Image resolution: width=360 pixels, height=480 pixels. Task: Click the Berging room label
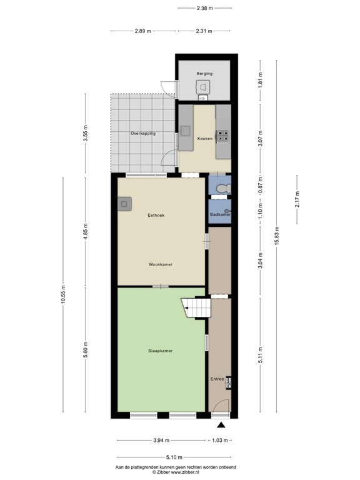click(204, 74)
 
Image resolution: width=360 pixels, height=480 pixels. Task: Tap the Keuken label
click(204, 139)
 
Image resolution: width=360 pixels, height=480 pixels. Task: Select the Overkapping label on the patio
click(143, 134)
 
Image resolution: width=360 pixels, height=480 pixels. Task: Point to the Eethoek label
click(156, 215)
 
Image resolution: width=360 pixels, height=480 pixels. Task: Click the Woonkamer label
click(161, 264)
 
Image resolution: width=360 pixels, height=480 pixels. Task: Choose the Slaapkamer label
click(161, 351)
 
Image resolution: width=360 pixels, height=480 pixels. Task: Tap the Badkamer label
click(219, 214)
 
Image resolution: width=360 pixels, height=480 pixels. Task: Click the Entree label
click(217, 379)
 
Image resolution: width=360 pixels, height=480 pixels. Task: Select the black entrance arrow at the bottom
click(221, 425)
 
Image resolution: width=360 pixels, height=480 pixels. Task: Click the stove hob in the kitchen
click(224, 136)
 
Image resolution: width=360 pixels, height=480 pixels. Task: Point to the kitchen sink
click(186, 131)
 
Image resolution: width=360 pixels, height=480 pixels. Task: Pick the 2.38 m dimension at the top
click(204, 8)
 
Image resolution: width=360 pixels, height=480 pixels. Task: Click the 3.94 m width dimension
click(160, 441)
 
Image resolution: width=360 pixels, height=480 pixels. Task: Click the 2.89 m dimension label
click(143, 31)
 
